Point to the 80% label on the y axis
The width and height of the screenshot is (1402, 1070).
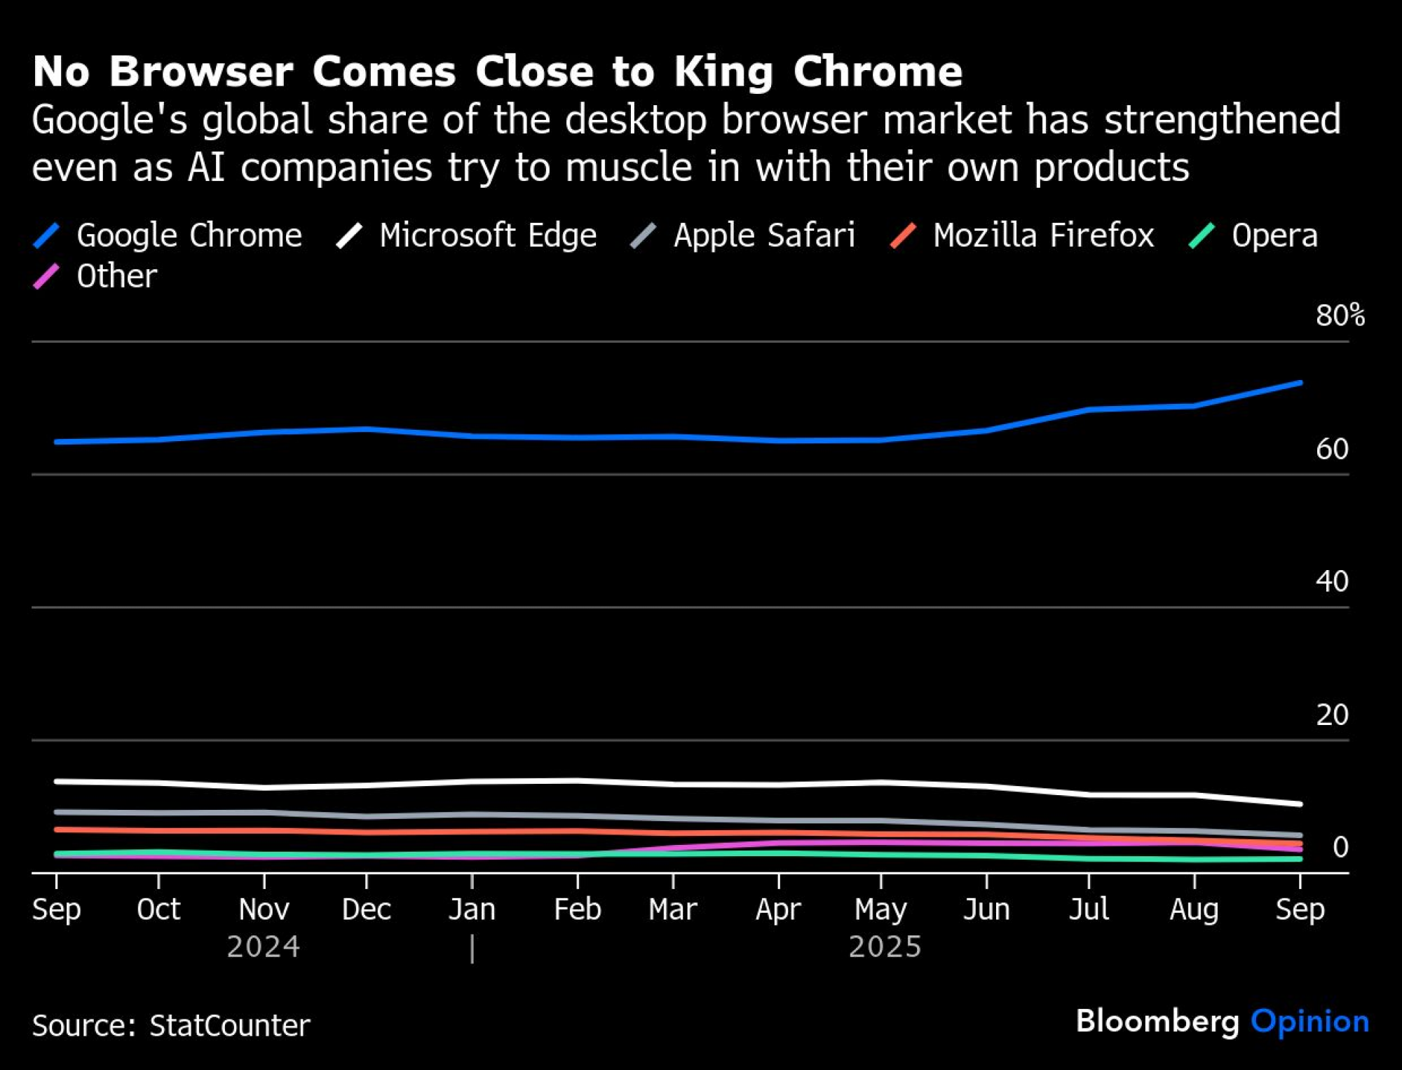point(1340,316)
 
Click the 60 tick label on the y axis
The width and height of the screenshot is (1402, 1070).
point(1332,449)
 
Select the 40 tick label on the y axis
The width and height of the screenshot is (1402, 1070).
point(1332,581)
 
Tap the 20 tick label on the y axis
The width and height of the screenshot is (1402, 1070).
point(1332,715)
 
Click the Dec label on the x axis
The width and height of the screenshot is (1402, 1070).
point(366,909)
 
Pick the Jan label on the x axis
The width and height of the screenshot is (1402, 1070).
point(472,909)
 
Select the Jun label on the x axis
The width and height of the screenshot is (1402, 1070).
point(986,909)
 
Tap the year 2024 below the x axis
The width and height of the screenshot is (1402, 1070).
point(264,947)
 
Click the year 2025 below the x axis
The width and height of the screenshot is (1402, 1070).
point(885,947)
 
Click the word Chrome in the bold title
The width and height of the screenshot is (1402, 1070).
point(878,72)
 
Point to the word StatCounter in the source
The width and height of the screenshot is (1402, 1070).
point(229,1025)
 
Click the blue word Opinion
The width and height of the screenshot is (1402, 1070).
point(1309,1022)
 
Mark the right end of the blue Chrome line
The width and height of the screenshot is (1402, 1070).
point(1300,383)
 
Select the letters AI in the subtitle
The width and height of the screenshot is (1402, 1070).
point(206,168)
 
